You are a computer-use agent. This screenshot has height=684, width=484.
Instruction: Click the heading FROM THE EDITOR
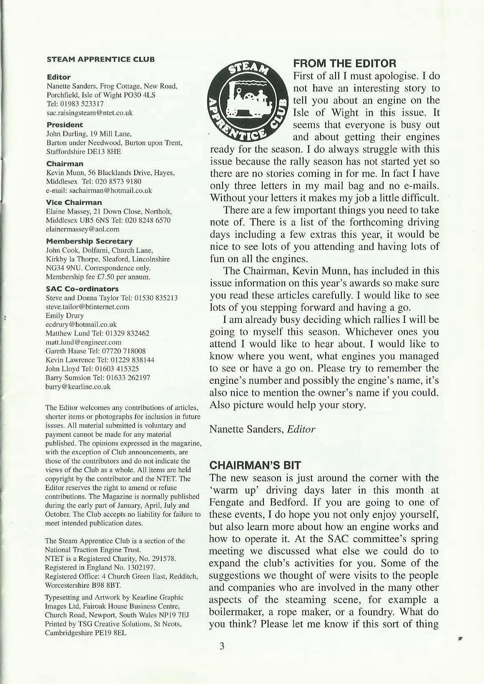click(x=345, y=64)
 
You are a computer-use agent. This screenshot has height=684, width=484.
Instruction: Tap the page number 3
click(x=222, y=646)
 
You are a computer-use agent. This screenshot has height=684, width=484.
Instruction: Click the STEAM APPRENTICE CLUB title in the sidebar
click(x=100, y=59)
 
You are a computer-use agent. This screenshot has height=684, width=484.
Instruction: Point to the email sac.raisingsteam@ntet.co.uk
click(x=89, y=113)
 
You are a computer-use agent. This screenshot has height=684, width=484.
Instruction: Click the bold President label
click(x=65, y=125)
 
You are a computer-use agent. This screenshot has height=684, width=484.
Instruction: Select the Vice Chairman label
click(x=74, y=202)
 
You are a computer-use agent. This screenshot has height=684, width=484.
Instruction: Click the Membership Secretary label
click(x=89, y=241)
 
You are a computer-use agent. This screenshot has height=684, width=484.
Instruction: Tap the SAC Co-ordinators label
click(x=82, y=289)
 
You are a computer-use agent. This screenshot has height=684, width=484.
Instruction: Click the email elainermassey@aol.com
click(x=83, y=229)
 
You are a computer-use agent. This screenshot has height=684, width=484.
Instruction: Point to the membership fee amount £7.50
click(x=106, y=277)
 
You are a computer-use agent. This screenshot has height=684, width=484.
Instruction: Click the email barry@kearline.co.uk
click(x=78, y=387)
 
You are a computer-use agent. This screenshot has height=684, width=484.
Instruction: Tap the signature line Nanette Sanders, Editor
click(x=262, y=429)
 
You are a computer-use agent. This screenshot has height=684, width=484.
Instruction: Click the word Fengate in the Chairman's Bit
click(x=228, y=502)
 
